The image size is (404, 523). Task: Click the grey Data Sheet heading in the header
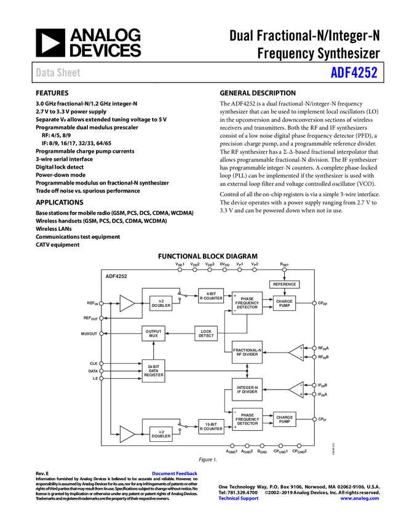(58, 73)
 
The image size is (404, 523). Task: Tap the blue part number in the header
(354, 73)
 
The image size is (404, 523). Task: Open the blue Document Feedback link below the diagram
(175, 473)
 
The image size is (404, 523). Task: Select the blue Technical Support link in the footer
(239, 498)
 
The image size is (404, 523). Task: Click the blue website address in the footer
(360, 498)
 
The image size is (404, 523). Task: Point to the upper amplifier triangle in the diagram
(128, 303)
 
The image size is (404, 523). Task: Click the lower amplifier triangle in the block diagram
(128, 434)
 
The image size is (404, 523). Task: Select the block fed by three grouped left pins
(153, 370)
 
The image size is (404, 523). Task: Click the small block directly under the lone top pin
(284, 285)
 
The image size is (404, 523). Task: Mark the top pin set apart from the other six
(284, 269)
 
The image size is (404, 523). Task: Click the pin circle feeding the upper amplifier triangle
(101, 303)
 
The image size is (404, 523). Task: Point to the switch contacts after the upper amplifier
(181, 296)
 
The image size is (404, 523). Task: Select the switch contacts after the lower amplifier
(181, 426)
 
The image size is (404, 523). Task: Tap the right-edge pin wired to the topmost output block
(314, 303)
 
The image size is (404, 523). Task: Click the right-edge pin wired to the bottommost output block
(314, 419)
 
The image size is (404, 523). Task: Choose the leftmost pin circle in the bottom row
(232, 445)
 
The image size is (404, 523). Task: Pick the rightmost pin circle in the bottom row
(299, 445)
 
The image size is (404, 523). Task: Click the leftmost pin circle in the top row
(180, 269)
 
